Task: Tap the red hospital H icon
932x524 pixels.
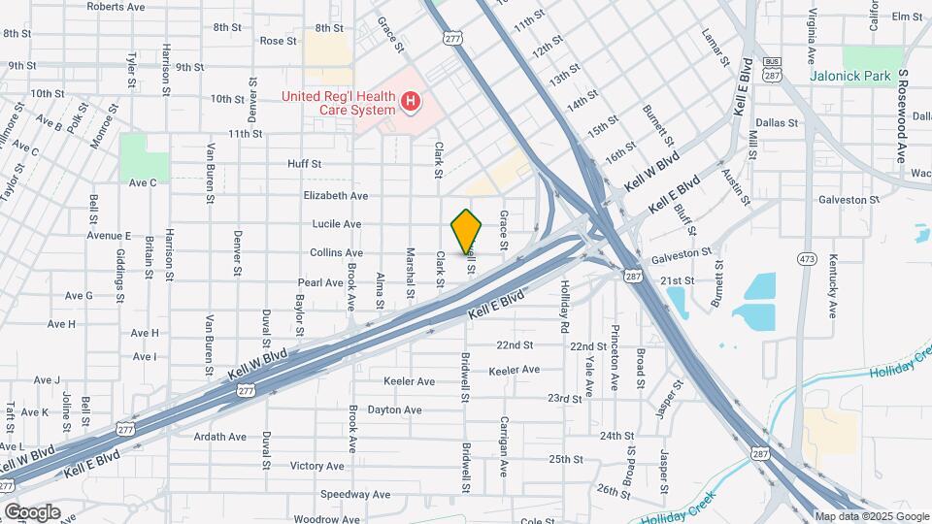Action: pos(412,101)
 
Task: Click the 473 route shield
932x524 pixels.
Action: pos(805,258)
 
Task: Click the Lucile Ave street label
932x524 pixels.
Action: pos(337,224)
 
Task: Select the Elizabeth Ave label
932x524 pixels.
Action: pos(336,195)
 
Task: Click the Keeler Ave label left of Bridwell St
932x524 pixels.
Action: pos(410,381)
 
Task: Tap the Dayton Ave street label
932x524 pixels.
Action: pos(394,409)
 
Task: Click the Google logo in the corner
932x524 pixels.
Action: pos(32,511)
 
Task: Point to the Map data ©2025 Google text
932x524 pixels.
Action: pos(871,516)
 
